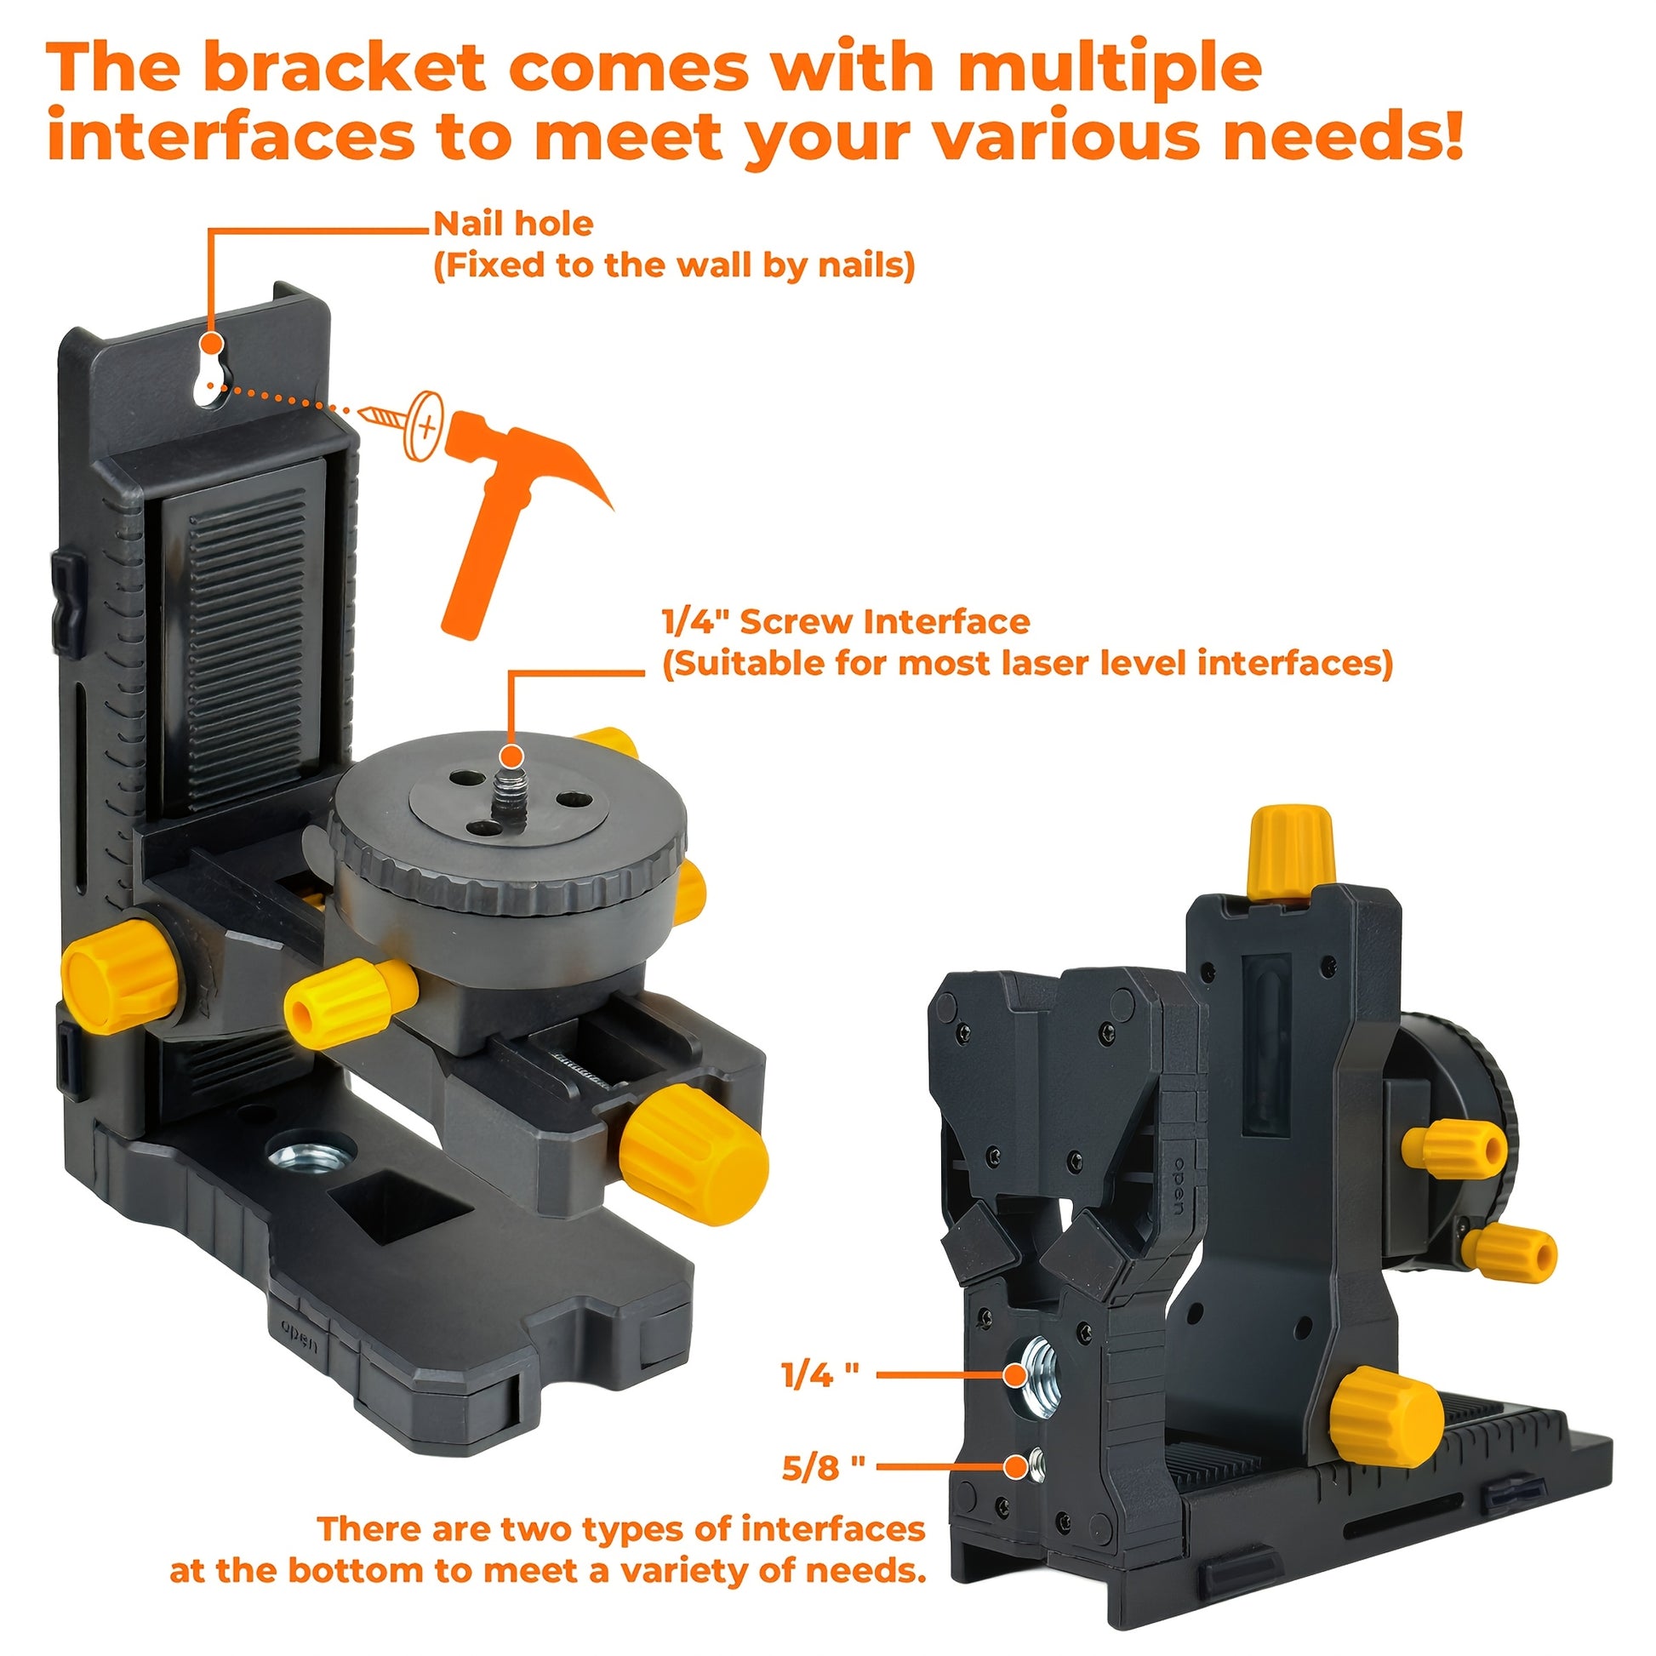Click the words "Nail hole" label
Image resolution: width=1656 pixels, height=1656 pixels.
[513, 224]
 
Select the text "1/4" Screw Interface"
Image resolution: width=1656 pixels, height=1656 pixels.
[846, 621]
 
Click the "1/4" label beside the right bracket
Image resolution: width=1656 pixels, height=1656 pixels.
[820, 1400]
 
